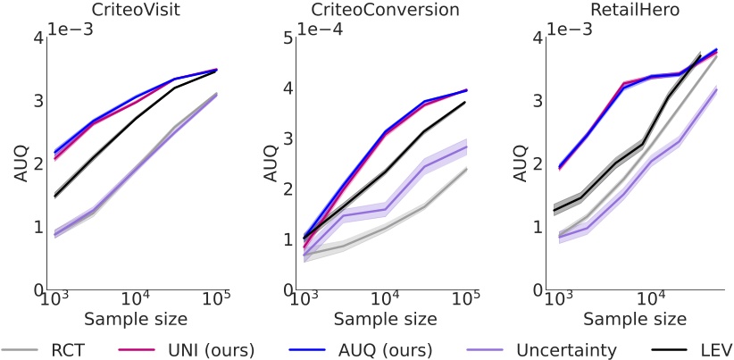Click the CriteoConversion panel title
tap(384, 10)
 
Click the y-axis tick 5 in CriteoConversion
tap(287, 38)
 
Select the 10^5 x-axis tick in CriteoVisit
tap(215, 302)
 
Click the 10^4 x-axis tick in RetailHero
tap(653, 302)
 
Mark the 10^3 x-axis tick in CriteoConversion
tap(304, 302)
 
